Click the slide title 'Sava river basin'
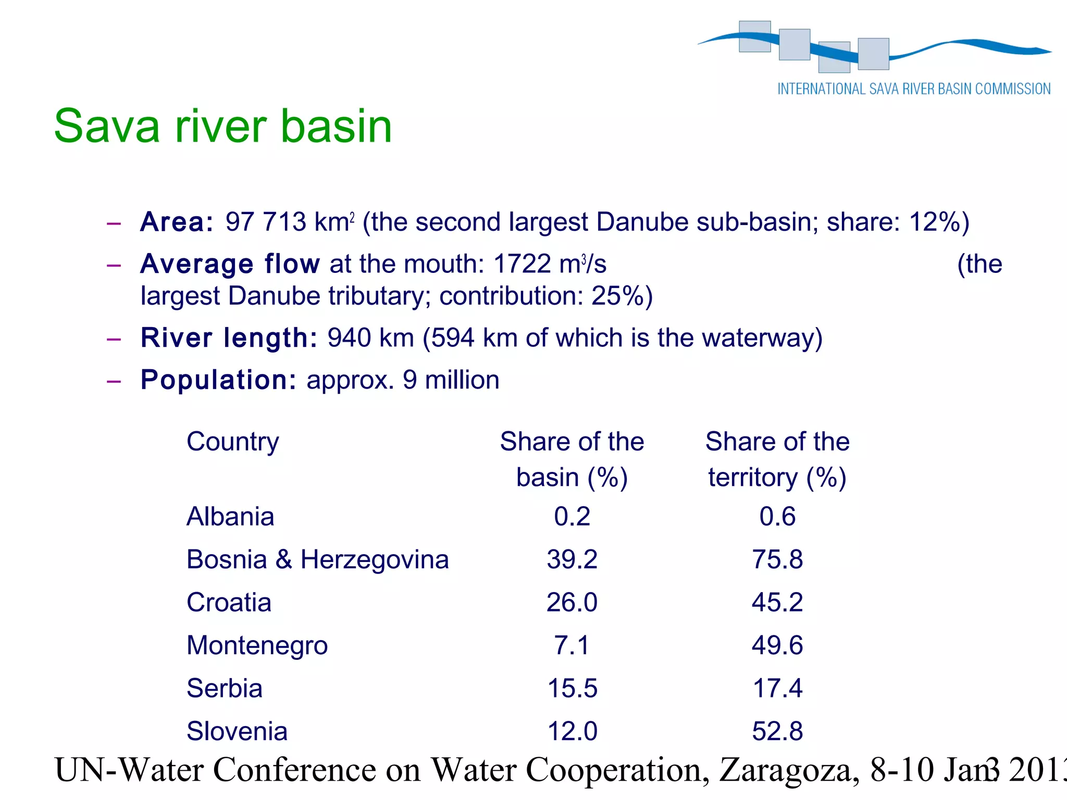point(223,126)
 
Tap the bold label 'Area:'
point(177,222)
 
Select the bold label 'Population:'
point(218,380)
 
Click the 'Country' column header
point(232,442)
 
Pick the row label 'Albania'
point(230,517)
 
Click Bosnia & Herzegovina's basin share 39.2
point(572,559)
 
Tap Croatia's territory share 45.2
point(777,603)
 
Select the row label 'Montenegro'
point(257,645)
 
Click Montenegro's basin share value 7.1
point(572,645)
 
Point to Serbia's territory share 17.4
point(777,688)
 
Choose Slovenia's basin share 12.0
point(572,731)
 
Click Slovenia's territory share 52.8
point(777,731)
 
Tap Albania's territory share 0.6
point(777,517)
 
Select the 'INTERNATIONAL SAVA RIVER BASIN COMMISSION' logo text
point(914,89)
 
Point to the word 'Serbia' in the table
point(225,688)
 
